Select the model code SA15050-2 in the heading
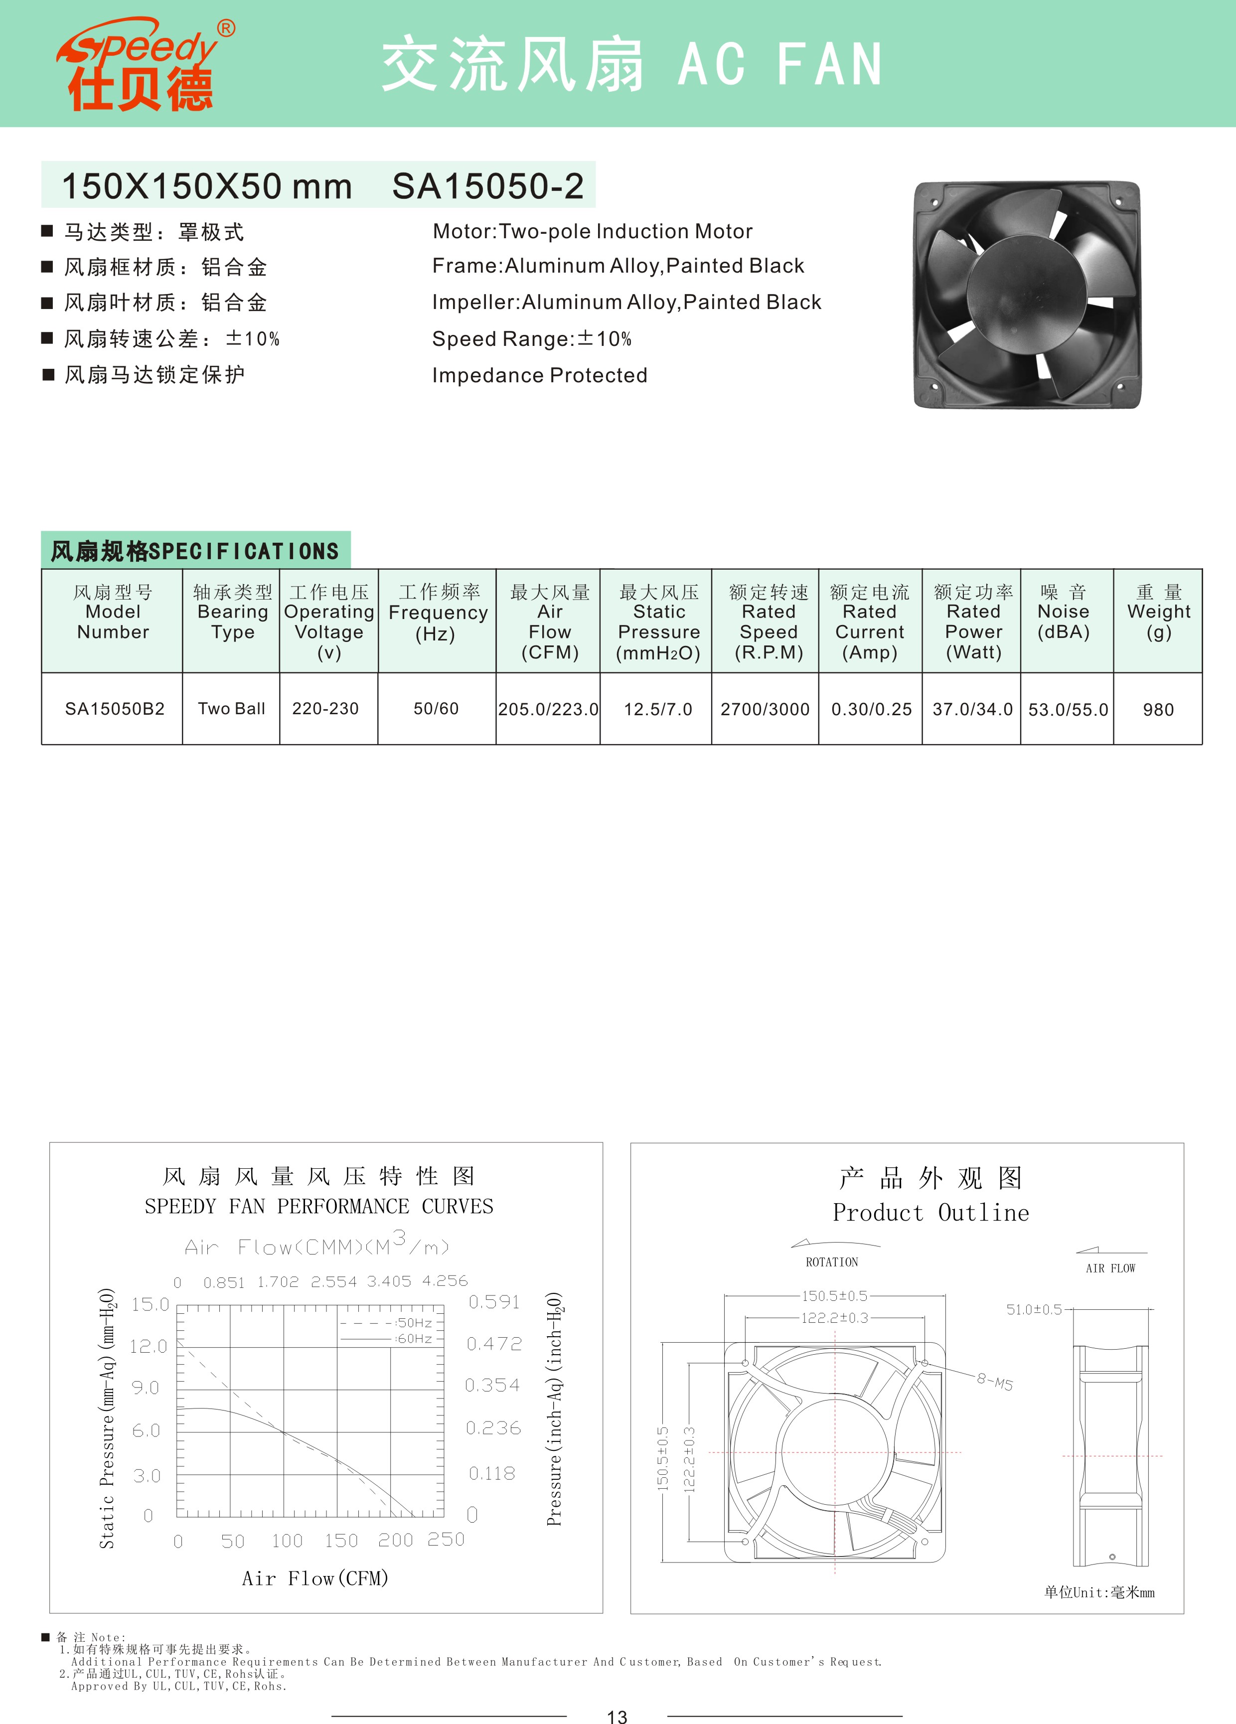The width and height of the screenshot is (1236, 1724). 487,186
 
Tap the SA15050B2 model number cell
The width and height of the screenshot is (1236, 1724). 114,708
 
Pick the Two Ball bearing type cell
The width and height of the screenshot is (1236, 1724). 231,708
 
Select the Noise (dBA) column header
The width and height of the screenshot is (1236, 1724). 1064,613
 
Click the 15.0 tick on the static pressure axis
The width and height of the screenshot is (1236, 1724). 150,1304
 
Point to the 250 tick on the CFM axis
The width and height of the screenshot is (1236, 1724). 446,1539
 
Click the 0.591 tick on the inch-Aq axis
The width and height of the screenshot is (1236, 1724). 494,1302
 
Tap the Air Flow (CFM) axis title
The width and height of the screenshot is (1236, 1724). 314,1579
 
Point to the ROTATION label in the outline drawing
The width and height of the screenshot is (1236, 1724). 832,1262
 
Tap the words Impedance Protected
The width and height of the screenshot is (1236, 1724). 540,375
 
